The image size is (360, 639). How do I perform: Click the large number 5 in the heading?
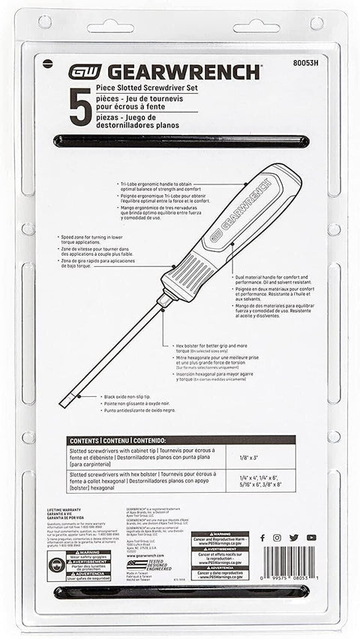pyautogui.click(x=79, y=107)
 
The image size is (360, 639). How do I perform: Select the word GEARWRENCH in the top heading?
pyautogui.click(x=184, y=72)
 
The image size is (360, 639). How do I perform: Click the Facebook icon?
pyautogui.click(x=262, y=538)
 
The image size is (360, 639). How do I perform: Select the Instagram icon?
pyautogui.click(x=277, y=538)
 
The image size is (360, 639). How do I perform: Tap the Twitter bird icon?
pyautogui.click(x=293, y=538)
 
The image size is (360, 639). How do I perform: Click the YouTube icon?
pyautogui.click(x=310, y=538)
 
